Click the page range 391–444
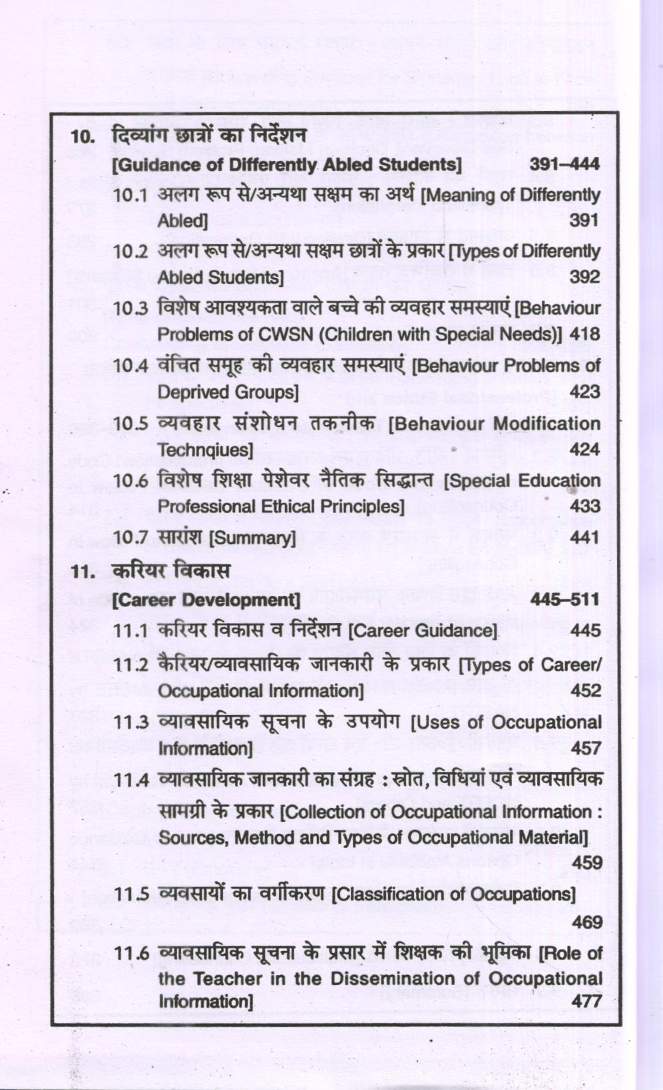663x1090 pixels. click(x=564, y=164)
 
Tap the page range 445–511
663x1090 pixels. click(x=564, y=599)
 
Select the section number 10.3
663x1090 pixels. click(x=130, y=309)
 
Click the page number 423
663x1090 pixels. click(x=584, y=392)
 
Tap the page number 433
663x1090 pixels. click(x=584, y=507)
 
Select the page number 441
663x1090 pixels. click(x=584, y=537)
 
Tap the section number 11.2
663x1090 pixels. click(x=130, y=665)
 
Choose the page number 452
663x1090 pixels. click(x=585, y=690)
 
